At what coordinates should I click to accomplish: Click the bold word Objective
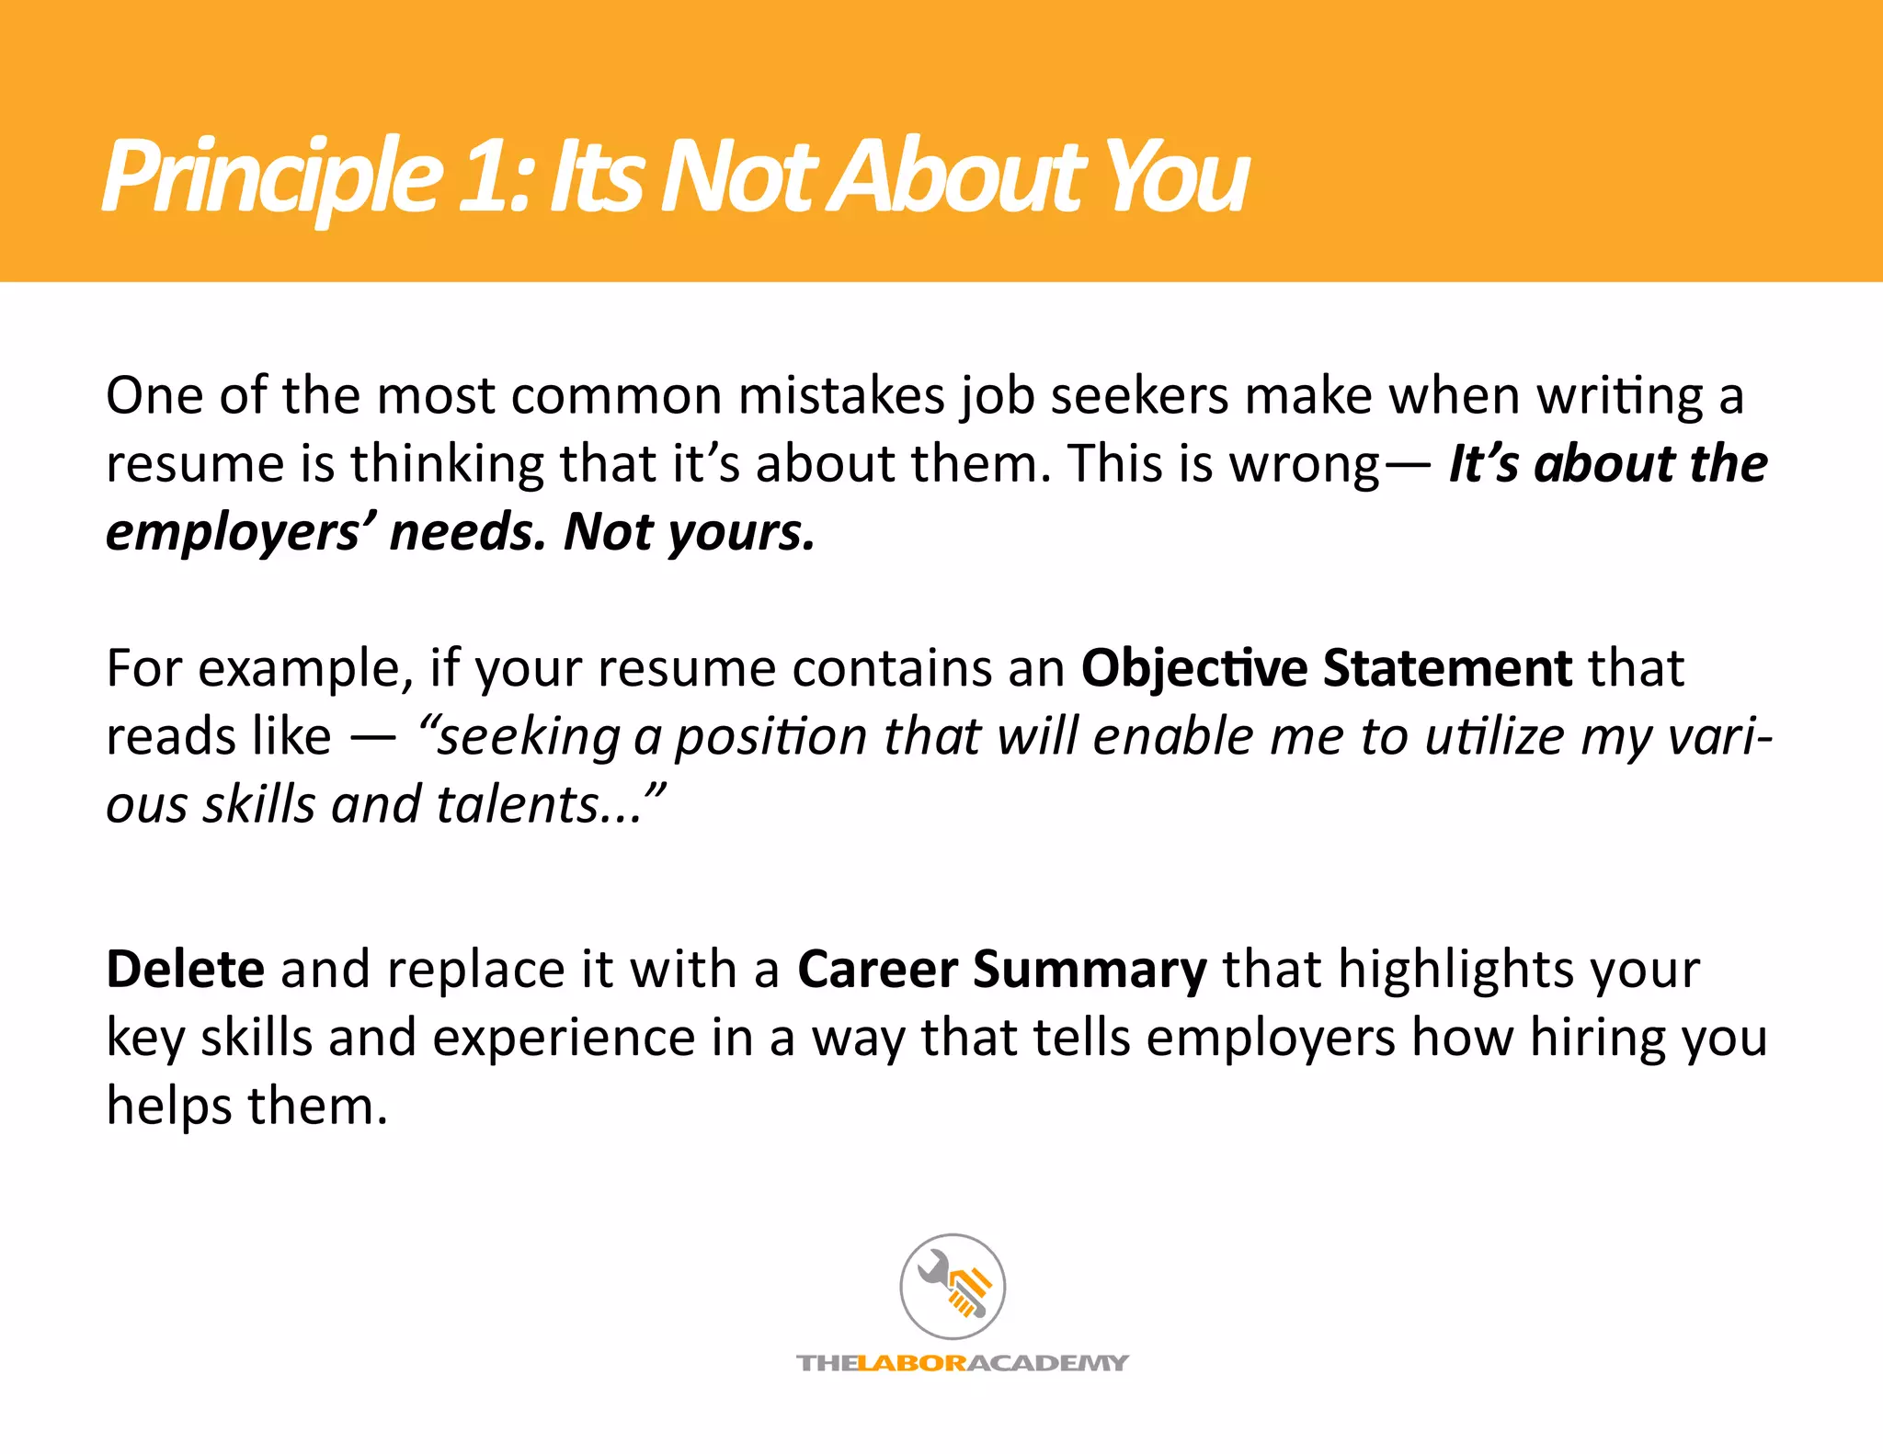1194,668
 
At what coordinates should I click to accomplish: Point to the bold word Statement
1447,668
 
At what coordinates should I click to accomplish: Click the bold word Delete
186,969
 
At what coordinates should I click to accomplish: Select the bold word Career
877,969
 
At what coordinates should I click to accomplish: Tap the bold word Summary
1090,971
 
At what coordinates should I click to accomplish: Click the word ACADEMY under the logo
1048,1363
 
